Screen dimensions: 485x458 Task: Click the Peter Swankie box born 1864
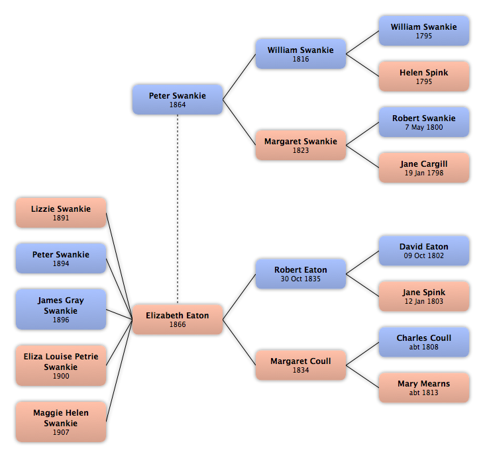[x=178, y=99]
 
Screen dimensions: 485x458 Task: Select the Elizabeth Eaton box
[x=178, y=319]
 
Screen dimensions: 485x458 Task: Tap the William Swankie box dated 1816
[x=301, y=54]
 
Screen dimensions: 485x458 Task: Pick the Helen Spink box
[x=424, y=76]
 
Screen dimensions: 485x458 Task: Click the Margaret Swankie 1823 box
[x=301, y=145]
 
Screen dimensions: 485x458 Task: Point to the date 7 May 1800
[x=424, y=127]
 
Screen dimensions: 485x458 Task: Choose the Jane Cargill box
[x=424, y=167]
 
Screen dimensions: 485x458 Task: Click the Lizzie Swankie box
[x=61, y=212]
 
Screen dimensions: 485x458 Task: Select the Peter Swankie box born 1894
[x=61, y=258]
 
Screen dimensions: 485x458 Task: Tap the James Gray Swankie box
[x=61, y=309]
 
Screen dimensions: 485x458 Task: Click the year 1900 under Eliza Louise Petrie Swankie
[x=61, y=376]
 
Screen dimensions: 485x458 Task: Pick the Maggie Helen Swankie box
[x=61, y=422]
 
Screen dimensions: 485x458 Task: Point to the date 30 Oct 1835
[x=301, y=279]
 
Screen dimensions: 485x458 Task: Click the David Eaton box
[x=424, y=251]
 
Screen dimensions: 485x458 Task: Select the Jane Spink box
[x=424, y=296]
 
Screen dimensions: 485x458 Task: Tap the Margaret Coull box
[x=301, y=365]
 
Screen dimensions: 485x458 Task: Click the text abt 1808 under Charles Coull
[x=424, y=347]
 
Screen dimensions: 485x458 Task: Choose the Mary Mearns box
[x=424, y=388]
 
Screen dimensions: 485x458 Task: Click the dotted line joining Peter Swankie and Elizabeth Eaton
[x=178, y=210]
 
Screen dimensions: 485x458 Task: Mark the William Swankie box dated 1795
[x=424, y=31]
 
